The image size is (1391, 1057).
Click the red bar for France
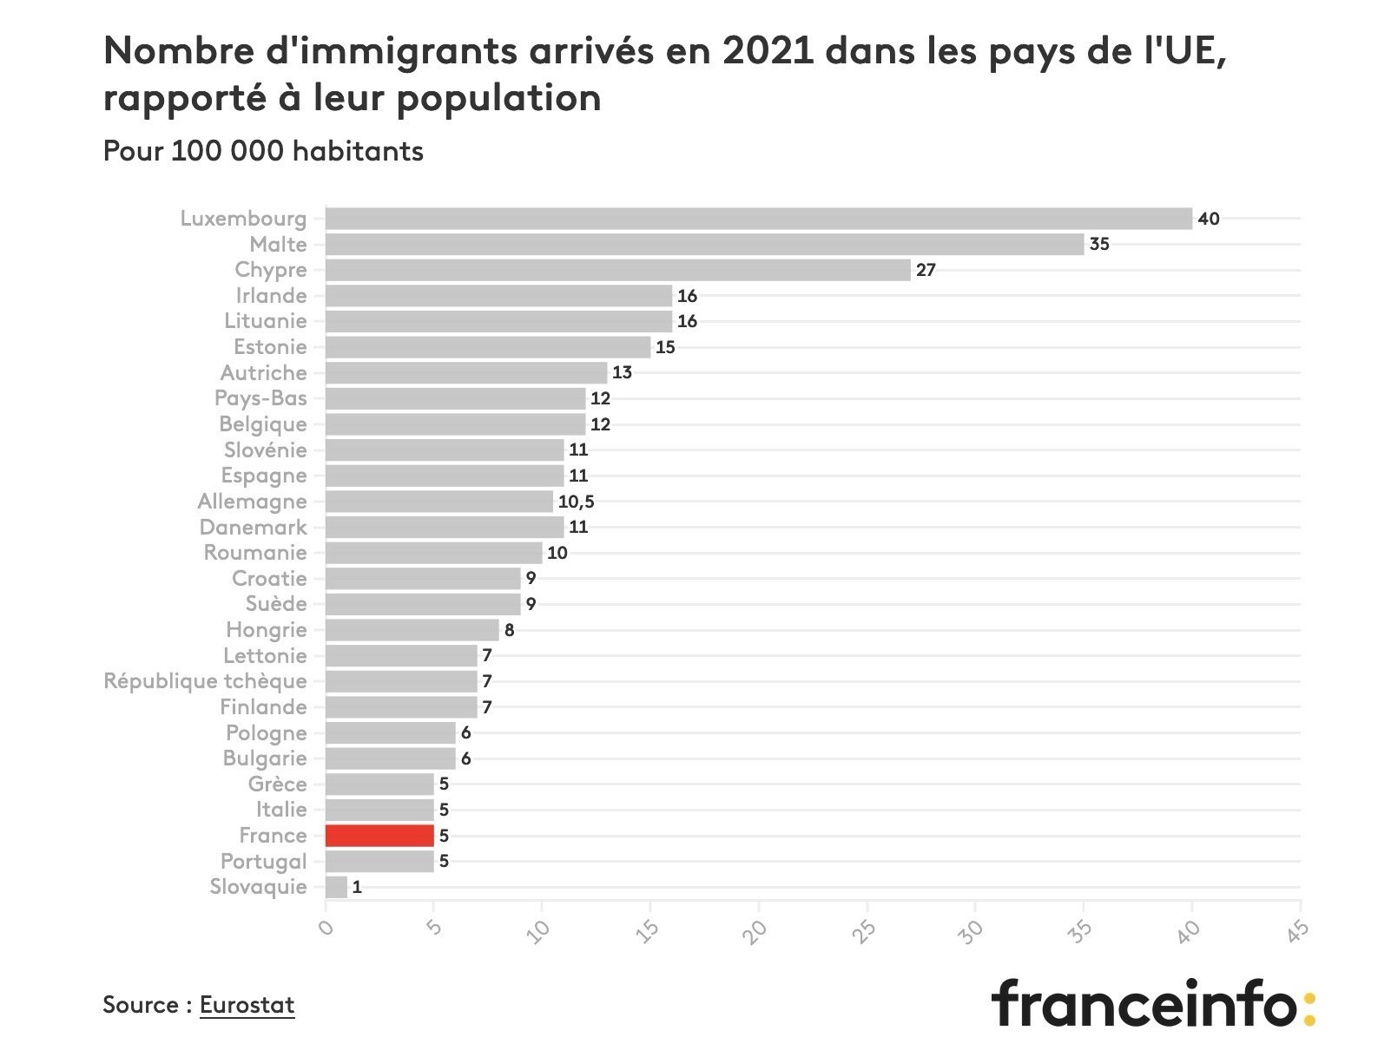[x=379, y=836]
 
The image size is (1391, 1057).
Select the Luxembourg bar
[x=758, y=219]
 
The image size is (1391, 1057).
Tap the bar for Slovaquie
[x=336, y=887]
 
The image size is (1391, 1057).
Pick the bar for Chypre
[x=617, y=270]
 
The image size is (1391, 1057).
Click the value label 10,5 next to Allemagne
[x=577, y=502]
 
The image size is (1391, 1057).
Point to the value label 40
[x=1209, y=219]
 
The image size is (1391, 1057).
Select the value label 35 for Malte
[x=1099, y=245]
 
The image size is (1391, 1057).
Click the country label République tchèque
[x=205, y=681]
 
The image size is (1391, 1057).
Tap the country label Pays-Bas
[x=260, y=398]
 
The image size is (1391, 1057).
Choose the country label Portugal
[x=263, y=862]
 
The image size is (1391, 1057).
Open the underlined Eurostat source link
[x=247, y=1005]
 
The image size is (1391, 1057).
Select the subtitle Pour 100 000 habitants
[x=263, y=151]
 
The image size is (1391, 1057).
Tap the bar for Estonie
[x=487, y=347]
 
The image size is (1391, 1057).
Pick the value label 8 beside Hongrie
[x=510, y=630]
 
